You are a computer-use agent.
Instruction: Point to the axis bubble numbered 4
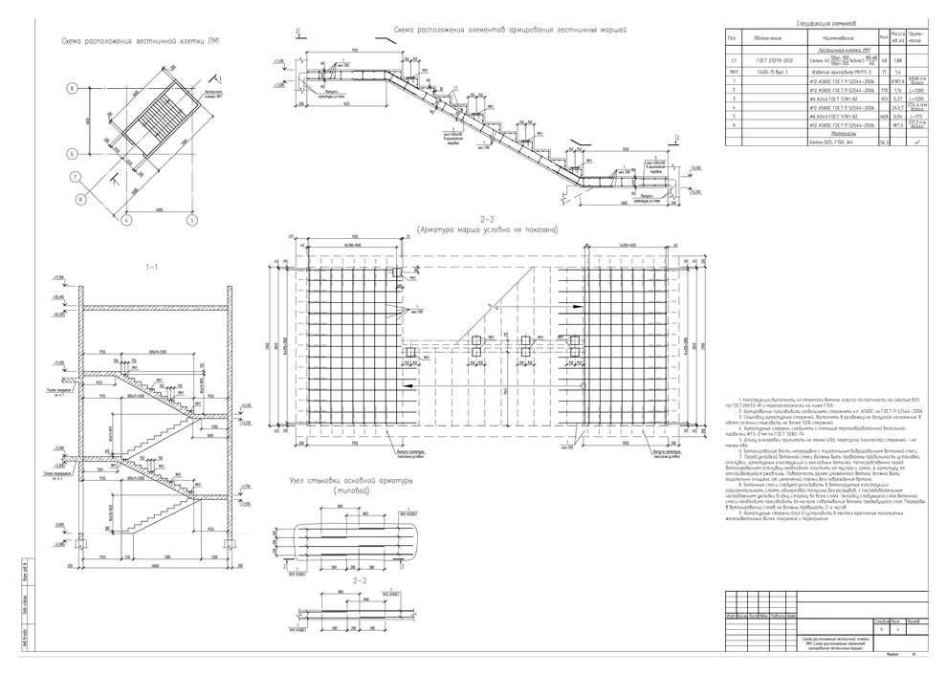[125, 219]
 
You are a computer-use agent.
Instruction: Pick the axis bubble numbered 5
[191, 219]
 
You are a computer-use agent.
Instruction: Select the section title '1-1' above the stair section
[152, 267]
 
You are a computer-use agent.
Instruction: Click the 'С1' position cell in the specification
[733, 59]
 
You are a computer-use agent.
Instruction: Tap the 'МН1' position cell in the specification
[733, 72]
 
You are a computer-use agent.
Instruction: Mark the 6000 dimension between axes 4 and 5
[158, 211]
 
